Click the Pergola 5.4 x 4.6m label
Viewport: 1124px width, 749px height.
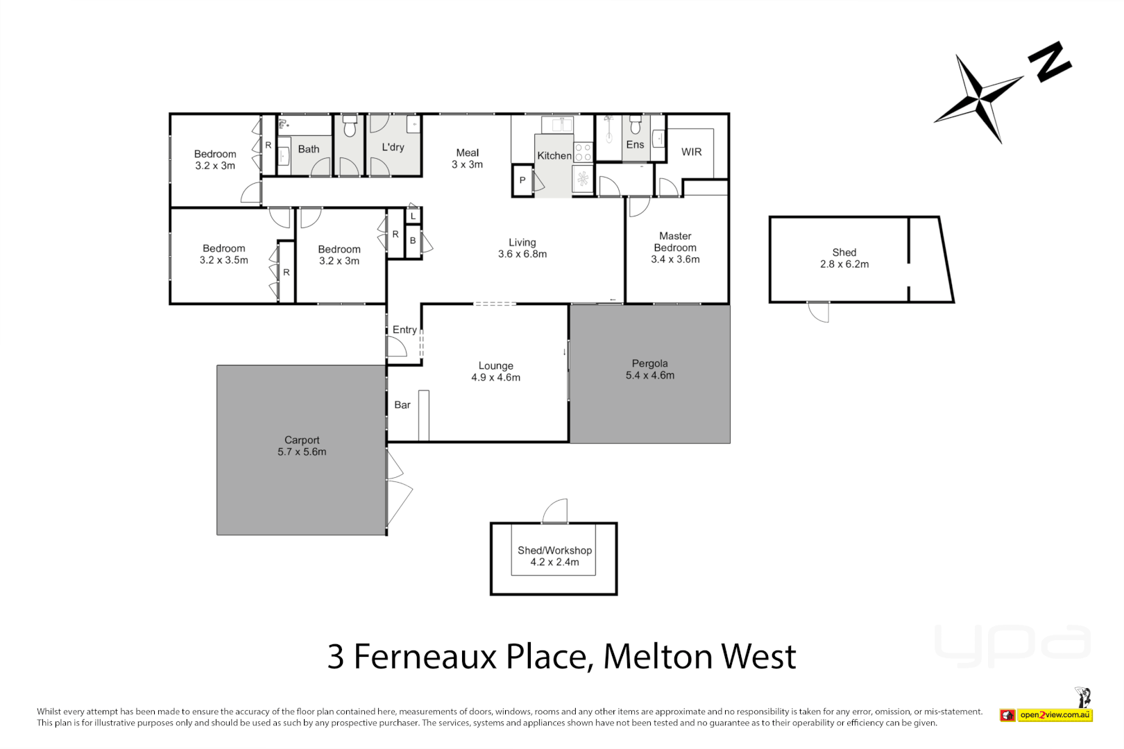tap(649, 370)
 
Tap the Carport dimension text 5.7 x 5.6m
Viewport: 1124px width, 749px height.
tap(302, 452)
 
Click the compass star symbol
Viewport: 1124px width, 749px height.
tap(979, 98)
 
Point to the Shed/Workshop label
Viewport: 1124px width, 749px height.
tap(554, 551)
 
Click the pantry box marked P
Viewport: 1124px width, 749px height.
tap(522, 180)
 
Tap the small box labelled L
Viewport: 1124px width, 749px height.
tap(413, 216)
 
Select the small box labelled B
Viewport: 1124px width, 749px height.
tap(413, 241)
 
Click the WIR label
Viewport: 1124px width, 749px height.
tap(691, 152)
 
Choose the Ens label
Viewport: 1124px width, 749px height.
tap(635, 145)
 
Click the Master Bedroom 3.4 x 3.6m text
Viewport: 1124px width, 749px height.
tap(675, 248)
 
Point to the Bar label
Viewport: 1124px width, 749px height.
tap(402, 405)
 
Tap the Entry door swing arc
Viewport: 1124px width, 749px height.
tap(396, 347)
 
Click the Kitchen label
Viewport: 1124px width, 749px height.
tap(554, 156)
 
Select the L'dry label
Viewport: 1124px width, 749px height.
tap(393, 147)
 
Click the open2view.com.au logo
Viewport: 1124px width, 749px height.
tap(1046, 715)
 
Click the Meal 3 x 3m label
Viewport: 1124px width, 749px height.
tap(467, 159)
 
